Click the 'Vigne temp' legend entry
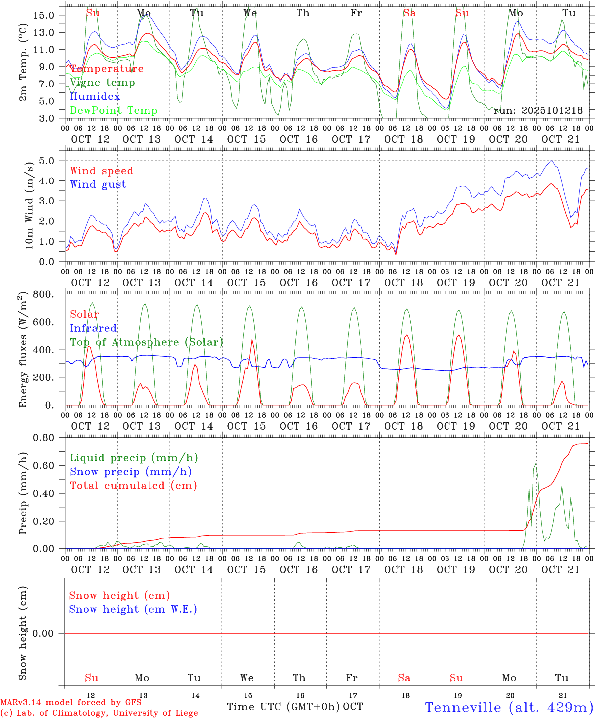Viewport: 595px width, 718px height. (102, 83)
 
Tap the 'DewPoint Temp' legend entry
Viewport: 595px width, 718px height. (114, 111)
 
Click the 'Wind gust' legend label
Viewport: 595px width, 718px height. (98, 184)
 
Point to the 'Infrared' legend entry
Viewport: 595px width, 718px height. (93, 328)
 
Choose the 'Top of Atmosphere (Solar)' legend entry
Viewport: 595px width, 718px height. (147, 342)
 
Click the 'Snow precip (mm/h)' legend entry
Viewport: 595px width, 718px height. (131, 472)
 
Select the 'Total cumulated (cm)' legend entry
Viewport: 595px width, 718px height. (133, 486)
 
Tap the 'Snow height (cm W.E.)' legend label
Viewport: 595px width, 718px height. (133, 609)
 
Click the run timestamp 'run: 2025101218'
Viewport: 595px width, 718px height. (538, 110)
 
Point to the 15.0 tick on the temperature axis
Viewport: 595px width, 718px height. (44, 15)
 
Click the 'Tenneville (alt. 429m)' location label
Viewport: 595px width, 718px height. (508, 707)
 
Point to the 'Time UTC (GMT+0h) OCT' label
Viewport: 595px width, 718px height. (295, 707)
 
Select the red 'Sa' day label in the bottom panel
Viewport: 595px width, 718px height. (404, 678)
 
